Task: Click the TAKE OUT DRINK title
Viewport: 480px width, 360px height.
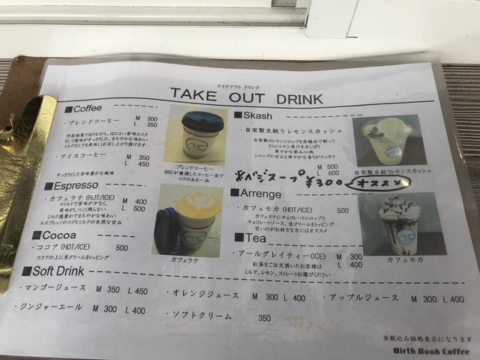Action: tap(246, 96)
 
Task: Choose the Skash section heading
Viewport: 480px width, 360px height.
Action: tap(256, 115)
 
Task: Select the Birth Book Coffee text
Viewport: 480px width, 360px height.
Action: tap(441, 350)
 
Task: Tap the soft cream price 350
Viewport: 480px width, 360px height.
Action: tap(264, 318)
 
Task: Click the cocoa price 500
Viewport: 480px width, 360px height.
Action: tap(121, 247)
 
